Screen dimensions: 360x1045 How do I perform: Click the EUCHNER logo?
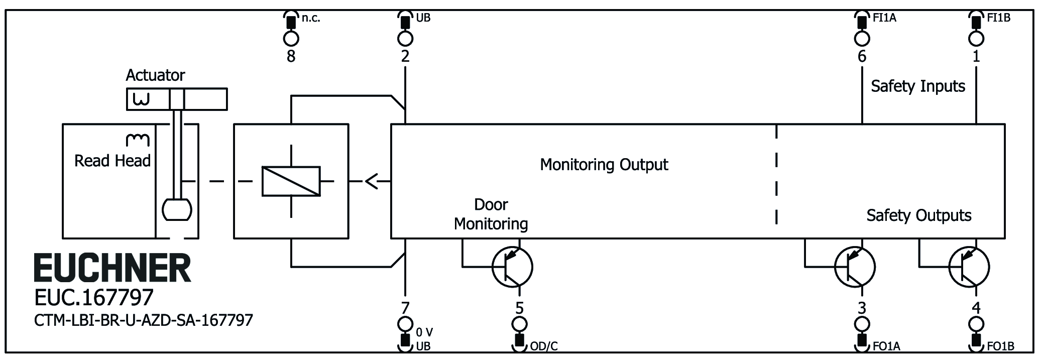(112, 268)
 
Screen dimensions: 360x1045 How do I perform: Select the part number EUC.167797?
(94, 298)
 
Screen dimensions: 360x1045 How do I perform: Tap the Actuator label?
(155, 75)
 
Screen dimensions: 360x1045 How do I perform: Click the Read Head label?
(112, 161)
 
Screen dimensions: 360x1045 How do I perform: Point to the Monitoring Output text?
(604, 165)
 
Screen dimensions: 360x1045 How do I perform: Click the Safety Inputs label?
(918, 86)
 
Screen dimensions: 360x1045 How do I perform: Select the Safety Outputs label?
(918, 215)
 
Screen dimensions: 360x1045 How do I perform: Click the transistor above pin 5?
(512, 267)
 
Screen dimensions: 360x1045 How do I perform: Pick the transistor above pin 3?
(855, 267)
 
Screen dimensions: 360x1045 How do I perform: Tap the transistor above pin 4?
(969, 267)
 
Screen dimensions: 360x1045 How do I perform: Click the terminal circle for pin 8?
(291, 38)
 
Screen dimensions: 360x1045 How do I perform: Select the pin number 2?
(405, 56)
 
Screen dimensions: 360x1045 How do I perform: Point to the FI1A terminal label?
(884, 18)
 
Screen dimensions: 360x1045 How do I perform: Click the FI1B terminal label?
(998, 18)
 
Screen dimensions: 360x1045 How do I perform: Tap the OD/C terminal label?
(544, 346)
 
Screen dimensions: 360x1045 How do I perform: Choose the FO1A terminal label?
(886, 346)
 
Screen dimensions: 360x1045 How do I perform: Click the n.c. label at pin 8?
(311, 18)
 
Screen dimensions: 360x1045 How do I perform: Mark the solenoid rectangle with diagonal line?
(291, 181)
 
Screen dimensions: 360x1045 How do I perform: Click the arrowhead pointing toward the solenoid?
(372, 181)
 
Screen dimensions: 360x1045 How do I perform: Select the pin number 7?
(405, 307)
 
